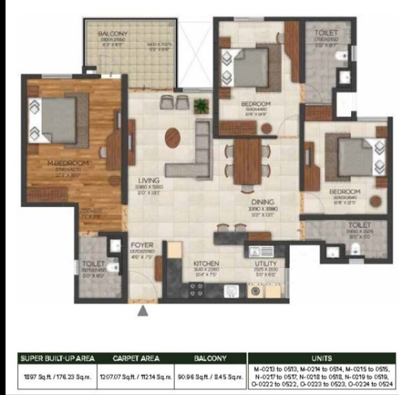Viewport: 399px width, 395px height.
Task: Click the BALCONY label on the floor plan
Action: [112, 34]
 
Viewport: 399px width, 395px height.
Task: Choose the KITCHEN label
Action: [206, 263]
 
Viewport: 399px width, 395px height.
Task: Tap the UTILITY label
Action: [266, 263]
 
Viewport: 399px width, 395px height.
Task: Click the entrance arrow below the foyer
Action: [142, 310]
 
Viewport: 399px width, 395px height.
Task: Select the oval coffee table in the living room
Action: [173, 137]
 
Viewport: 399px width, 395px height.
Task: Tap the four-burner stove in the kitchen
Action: [196, 290]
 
